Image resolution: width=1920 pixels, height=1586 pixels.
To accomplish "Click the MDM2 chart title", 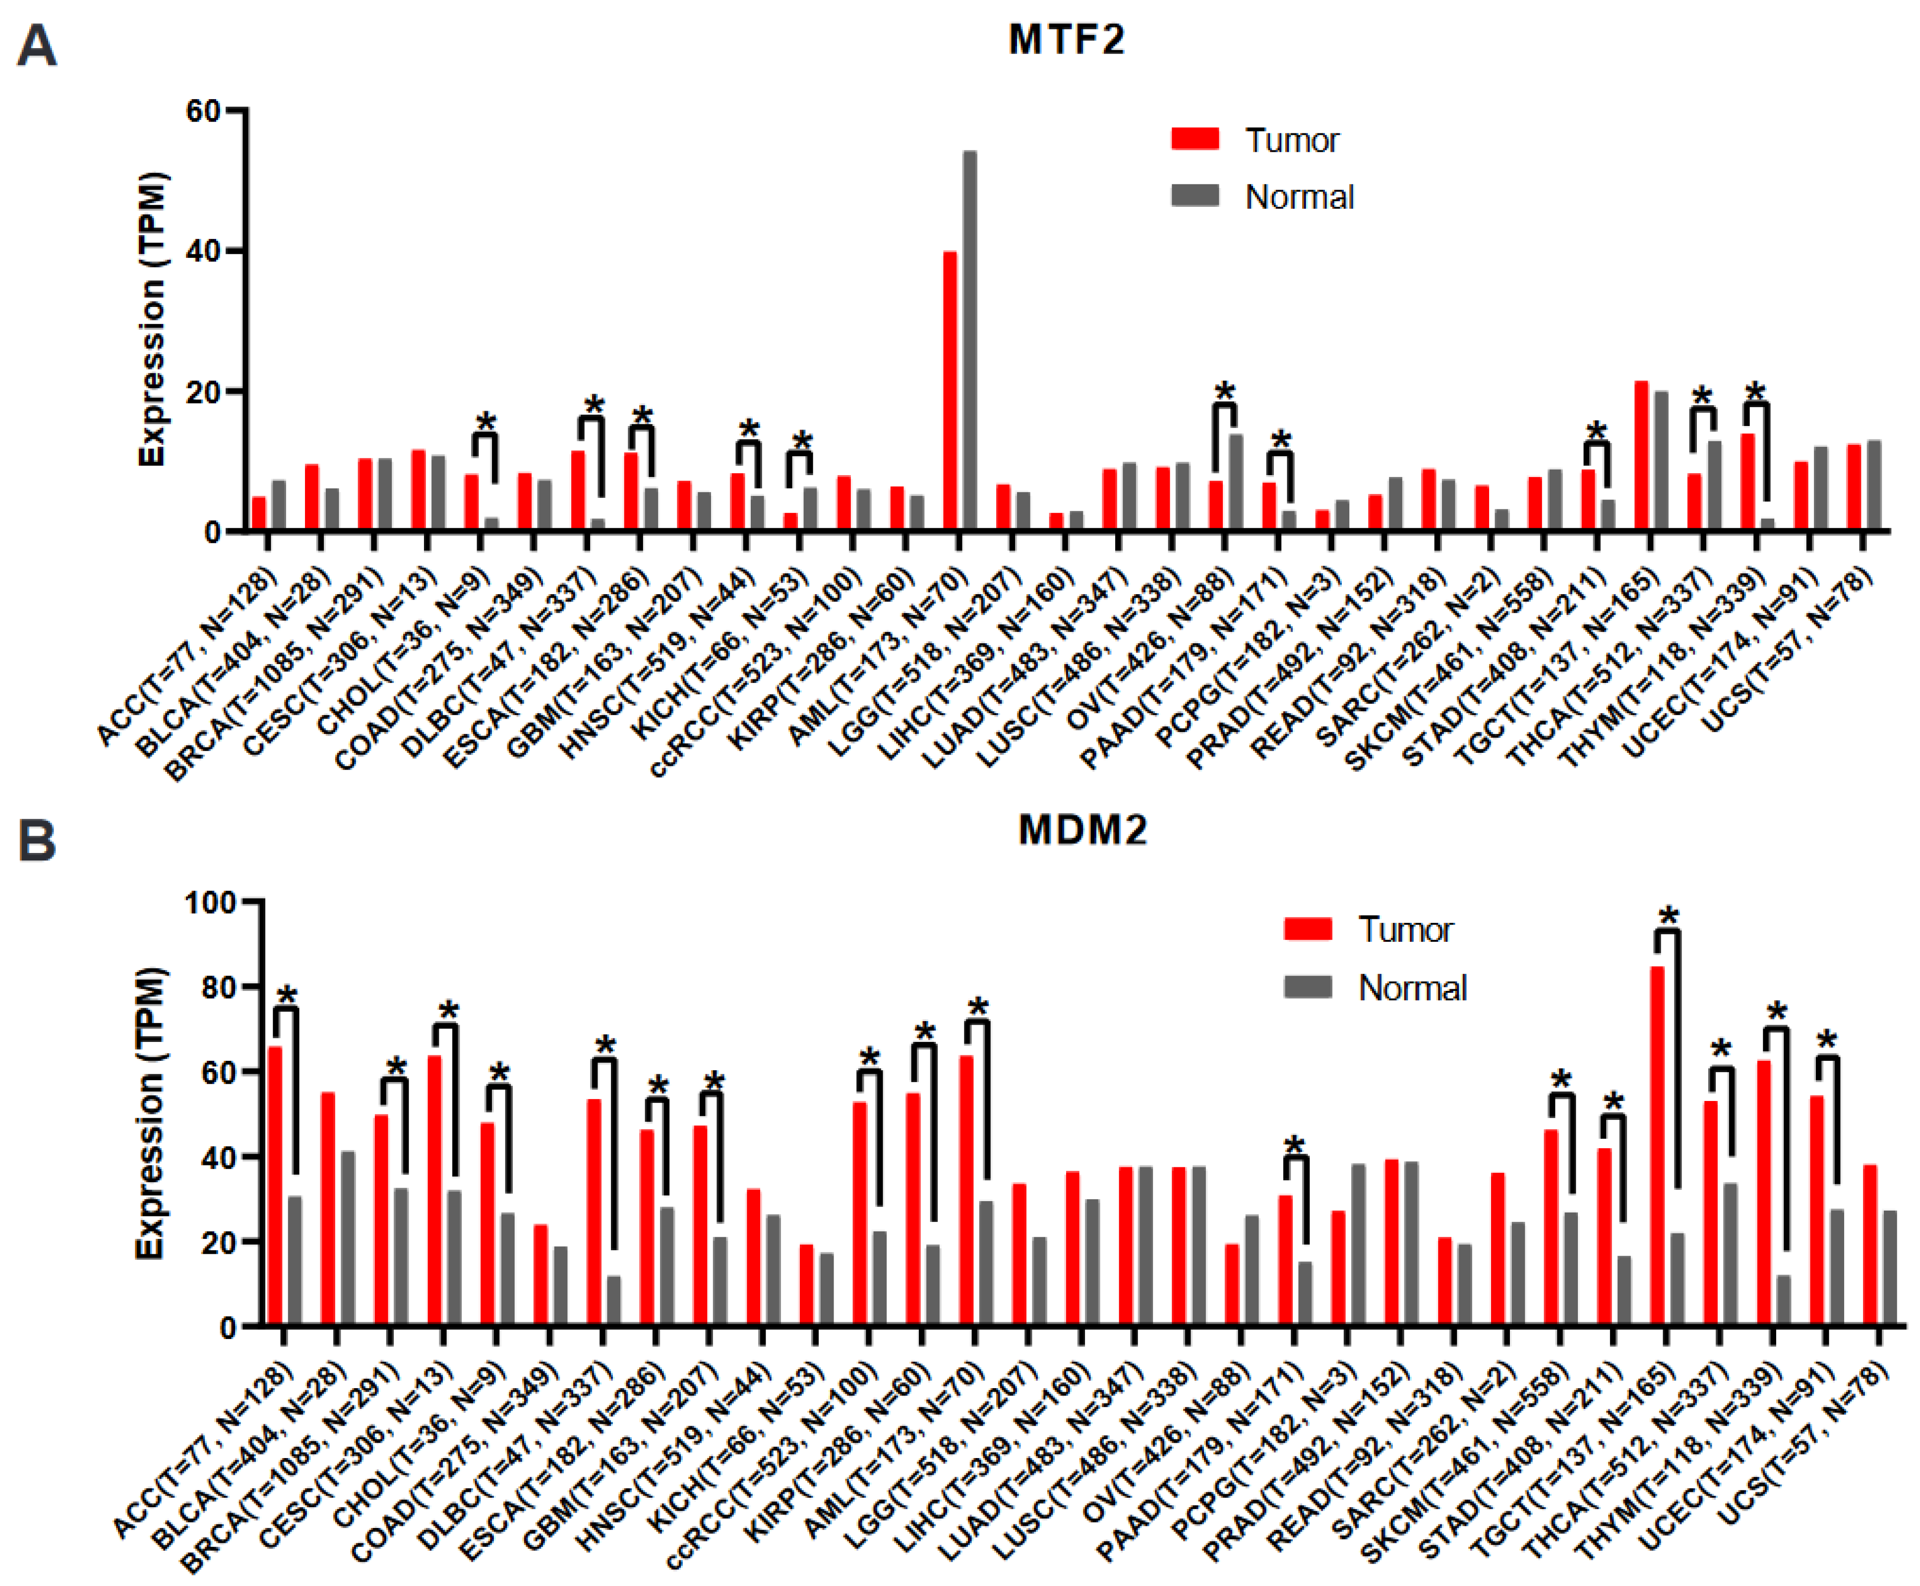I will pos(1082,831).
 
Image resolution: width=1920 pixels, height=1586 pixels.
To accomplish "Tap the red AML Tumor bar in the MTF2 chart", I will pos(950,390).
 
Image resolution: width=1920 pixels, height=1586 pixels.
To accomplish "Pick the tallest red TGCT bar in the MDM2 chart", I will pos(1657,1146).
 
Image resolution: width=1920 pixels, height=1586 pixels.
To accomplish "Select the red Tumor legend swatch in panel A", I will pos(1195,139).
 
